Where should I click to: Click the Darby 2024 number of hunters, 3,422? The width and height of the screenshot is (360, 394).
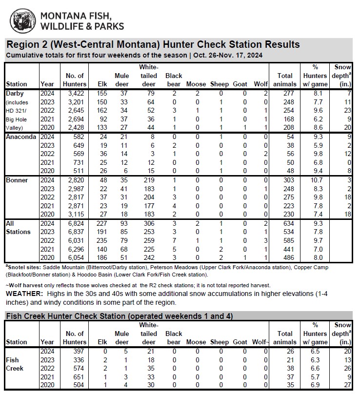click(76, 93)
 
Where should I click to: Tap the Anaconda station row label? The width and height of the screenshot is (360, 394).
click(20, 137)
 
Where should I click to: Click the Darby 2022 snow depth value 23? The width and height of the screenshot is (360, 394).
click(346, 110)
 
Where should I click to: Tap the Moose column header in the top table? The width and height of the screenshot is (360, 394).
click(196, 84)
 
